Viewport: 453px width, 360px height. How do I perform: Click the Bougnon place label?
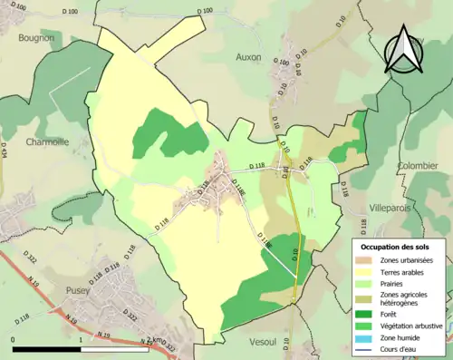35,39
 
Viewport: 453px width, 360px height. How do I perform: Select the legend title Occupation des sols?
395,246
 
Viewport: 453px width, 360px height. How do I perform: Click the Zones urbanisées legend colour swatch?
366,260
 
